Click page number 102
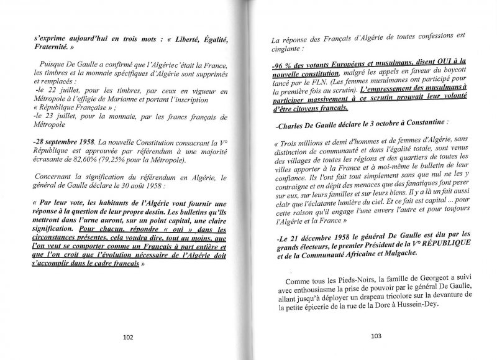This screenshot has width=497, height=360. click(128, 338)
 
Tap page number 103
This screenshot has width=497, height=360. click(375, 338)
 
